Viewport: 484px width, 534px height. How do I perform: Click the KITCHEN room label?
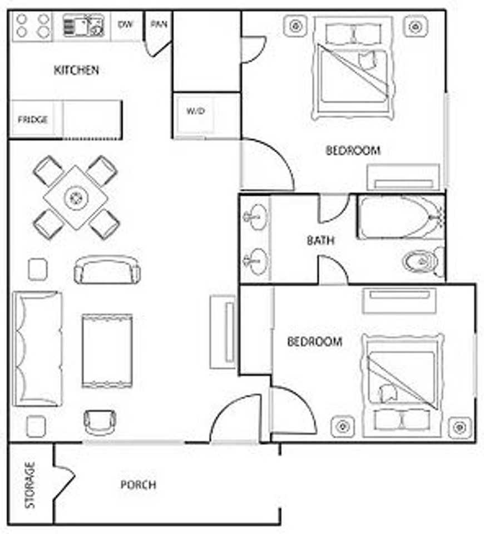(x=77, y=70)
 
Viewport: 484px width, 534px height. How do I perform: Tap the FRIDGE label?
(x=33, y=120)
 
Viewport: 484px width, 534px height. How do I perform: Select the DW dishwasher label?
(x=125, y=24)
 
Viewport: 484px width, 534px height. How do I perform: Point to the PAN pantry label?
(x=159, y=24)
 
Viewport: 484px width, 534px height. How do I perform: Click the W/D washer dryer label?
(x=196, y=111)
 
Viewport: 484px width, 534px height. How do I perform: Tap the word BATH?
(x=320, y=240)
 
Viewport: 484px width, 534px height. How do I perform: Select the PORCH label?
(x=139, y=484)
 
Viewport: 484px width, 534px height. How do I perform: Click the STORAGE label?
(x=30, y=485)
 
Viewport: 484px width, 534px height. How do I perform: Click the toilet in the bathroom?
(x=423, y=261)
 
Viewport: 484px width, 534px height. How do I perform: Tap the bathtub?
(x=401, y=217)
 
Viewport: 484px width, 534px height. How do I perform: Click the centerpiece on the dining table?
(x=75, y=197)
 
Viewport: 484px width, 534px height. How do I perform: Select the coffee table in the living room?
(x=107, y=351)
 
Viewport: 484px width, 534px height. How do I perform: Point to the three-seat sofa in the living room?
(x=37, y=349)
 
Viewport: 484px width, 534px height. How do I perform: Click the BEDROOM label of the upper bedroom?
(x=353, y=150)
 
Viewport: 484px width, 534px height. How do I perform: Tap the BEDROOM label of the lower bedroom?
(x=315, y=342)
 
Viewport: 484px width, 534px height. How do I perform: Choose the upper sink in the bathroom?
(x=256, y=216)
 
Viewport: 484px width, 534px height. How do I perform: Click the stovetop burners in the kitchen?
(x=33, y=26)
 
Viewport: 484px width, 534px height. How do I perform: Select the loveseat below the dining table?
(x=107, y=270)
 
